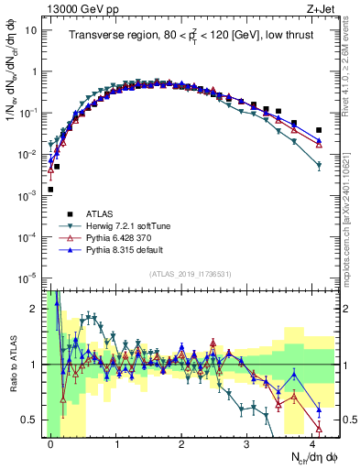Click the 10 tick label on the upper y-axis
pos(31,29)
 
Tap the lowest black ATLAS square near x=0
pos(49,190)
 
